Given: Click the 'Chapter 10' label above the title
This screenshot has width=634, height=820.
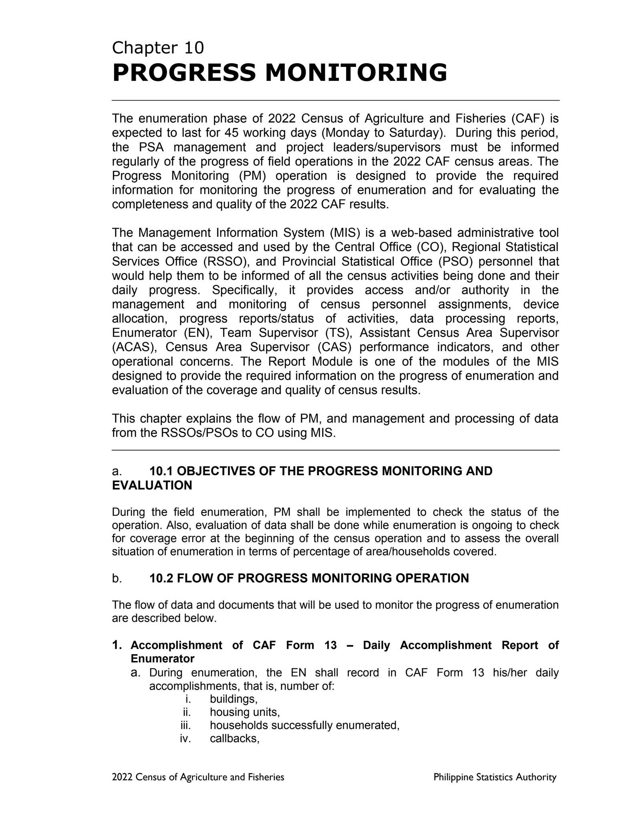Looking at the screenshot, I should click(x=158, y=48).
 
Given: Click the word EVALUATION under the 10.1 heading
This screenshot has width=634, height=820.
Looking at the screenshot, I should click(x=152, y=486).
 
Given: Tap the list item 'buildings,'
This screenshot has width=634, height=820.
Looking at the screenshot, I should click(x=233, y=699).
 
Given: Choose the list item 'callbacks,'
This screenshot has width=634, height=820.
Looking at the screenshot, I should click(x=235, y=738).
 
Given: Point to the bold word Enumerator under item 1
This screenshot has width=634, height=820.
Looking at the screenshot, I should click(x=162, y=659).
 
